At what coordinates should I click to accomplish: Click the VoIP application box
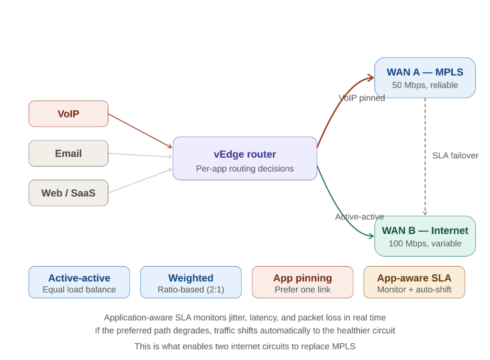(x=68, y=114)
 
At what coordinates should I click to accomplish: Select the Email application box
(x=68, y=153)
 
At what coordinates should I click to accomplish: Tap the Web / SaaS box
(x=68, y=193)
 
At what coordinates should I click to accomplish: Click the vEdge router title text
(x=245, y=154)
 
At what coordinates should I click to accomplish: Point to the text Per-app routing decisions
(x=245, y=169)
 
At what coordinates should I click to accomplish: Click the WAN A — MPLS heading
(x=425, y=72)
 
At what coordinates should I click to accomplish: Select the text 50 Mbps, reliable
(x=425, y=86)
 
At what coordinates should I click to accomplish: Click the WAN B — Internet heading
(x=425, y=230)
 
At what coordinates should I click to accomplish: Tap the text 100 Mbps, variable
(x=425, y=244)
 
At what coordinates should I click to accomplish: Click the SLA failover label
(x=455, y=156)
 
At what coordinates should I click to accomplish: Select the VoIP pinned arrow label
(x=361, y=98)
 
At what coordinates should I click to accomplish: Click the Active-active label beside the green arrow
(x=359, y=217)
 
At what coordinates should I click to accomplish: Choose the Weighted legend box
(x=190, y=283)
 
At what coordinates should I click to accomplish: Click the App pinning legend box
(x=302, y=283)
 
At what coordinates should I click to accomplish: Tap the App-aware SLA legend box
(x=414, y=283)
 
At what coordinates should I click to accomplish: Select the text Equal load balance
(x=79, y=290)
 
